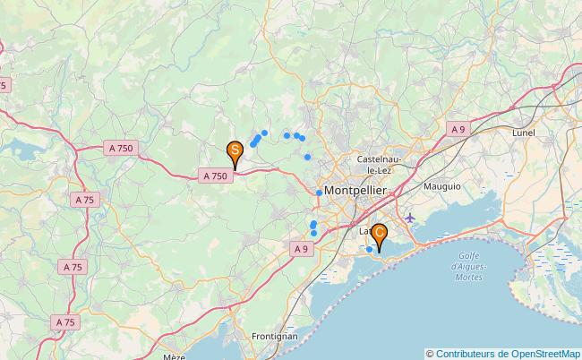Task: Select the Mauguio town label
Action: pos(442,186)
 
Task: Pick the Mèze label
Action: pos(175,356)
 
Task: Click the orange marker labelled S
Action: pos(235,150)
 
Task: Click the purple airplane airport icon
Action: pos(410,218)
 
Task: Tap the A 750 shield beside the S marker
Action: pos(215,176)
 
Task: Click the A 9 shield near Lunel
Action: pos(458,130)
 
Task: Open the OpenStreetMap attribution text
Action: pos(503,353)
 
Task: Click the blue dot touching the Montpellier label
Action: pos(319,193)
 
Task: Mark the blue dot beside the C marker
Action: pos(369,249)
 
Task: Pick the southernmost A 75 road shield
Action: pos(64,321)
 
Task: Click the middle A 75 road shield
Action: pos(72,267)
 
